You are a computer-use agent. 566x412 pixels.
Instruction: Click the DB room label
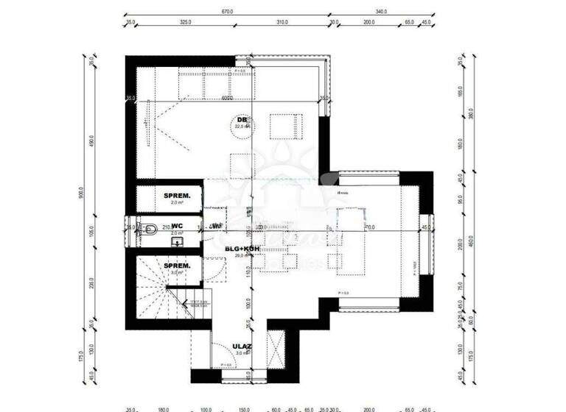tap(241, 119)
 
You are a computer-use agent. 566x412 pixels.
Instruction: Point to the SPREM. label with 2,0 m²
tap(177, 196)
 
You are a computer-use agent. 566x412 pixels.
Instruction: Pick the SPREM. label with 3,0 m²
tap(177, 266)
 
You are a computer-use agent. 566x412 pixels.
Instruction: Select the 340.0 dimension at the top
tap(381, 12)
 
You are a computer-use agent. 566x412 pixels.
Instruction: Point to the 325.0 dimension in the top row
tap(186, 23)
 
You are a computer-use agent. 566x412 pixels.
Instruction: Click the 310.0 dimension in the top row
tap(282, 23)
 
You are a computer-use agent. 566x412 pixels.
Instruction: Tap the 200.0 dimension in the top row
tap(368, 23)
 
